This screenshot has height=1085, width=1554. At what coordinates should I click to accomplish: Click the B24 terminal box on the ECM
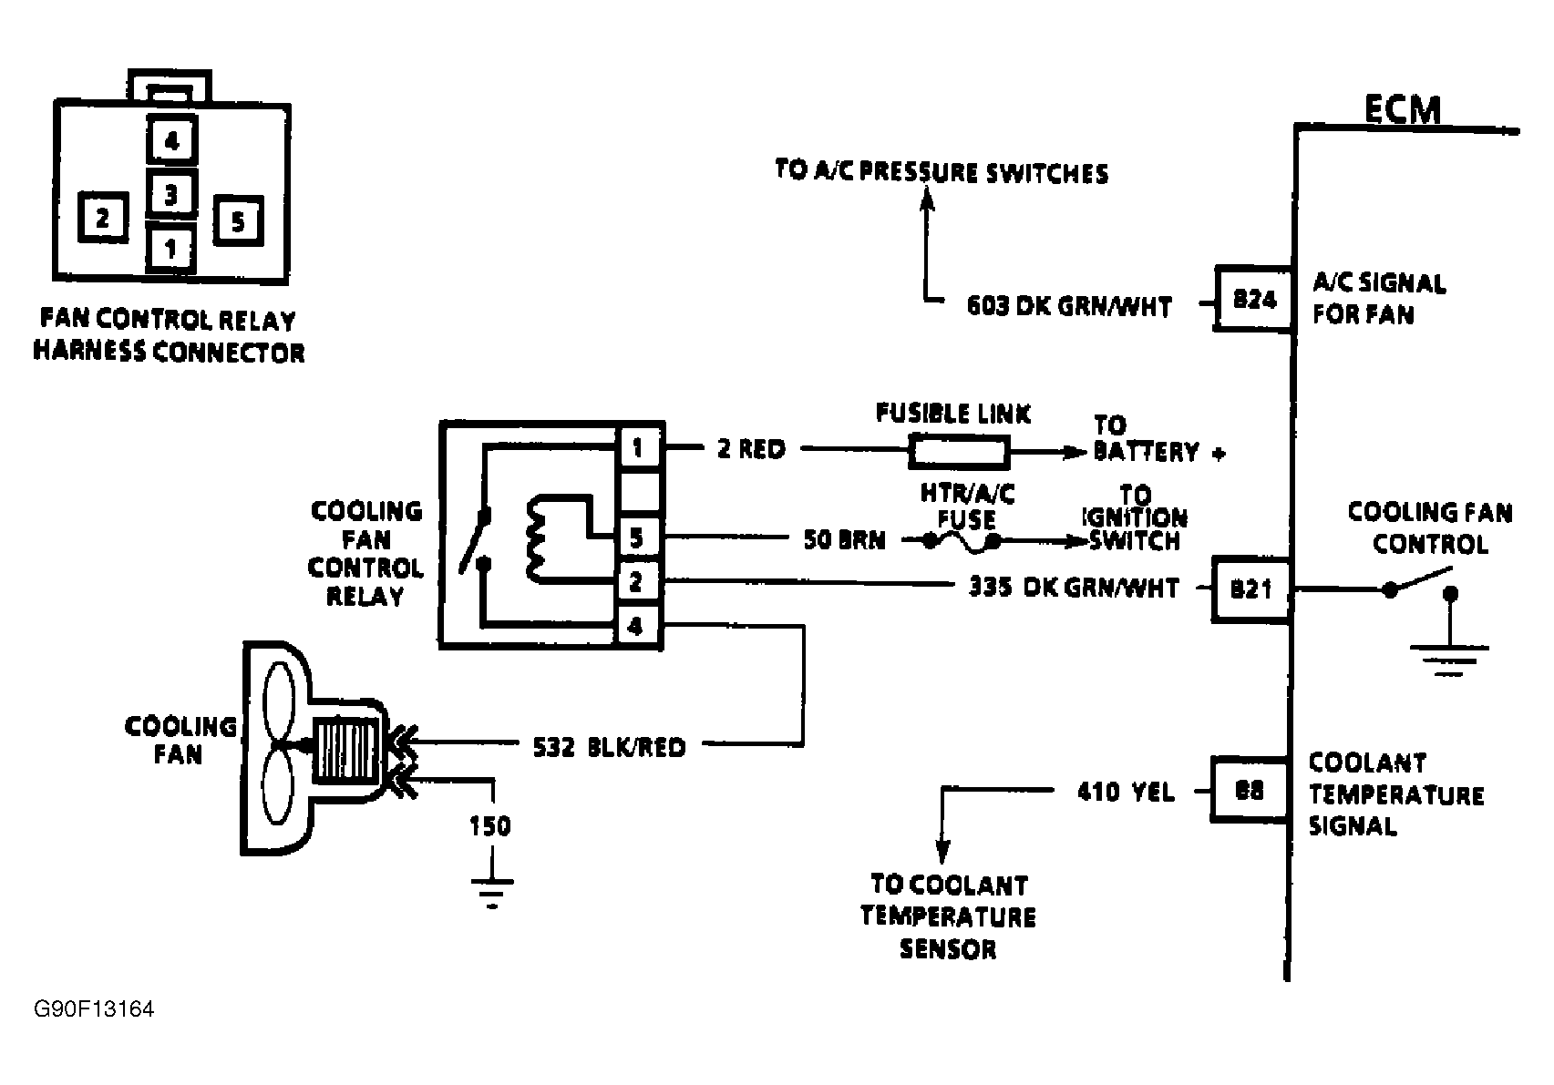click(x=1254, y=299)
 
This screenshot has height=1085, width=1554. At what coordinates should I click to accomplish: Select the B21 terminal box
click(x=1251, y=589)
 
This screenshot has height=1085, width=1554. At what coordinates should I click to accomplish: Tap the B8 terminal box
click(x=1248, y=791)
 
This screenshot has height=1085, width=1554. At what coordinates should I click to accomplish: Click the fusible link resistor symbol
click(x=958, y=451)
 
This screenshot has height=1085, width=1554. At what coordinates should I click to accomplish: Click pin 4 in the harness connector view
click(x=171, y=141)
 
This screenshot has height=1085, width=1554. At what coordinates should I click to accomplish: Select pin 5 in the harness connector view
click(x=238, y=220)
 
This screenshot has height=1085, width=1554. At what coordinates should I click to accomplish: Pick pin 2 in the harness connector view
click(x=102, y=218)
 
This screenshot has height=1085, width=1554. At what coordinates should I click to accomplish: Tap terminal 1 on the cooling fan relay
click(x=638, y=447)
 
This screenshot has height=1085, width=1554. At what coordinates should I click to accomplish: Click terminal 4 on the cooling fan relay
click(x=638, y=626)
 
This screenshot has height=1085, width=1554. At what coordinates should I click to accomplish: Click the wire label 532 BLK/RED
click(x=608, y=747)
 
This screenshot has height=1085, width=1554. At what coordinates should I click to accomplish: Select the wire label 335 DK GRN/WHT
click(x=1073, y=588)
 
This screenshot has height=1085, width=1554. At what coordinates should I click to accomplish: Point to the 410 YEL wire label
click(x=1125, y=792)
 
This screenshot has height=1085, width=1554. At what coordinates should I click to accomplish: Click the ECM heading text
click(x=1403, y=109)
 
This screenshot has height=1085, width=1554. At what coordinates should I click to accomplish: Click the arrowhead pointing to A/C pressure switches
click(x=927, y=201)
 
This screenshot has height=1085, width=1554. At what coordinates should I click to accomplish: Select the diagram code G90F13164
click(x=93, y=1010)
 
